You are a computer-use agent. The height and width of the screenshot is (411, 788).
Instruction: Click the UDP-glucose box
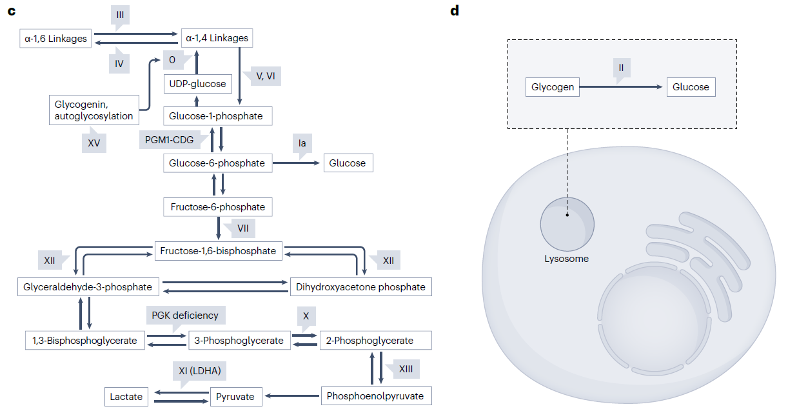click(197, 84)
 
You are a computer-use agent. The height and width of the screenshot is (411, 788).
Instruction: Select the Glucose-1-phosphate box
click(216, 116)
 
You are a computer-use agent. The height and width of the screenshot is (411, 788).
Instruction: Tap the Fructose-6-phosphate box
click(218, 207)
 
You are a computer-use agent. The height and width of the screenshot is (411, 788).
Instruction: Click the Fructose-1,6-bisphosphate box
click(219, 250)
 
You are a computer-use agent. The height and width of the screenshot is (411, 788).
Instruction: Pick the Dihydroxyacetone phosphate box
click(360, 287)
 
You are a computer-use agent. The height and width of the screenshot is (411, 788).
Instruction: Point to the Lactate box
click(126, 396)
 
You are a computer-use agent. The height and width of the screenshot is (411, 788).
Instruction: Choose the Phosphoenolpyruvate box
click(375, 396)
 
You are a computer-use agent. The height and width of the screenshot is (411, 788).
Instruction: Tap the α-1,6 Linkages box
click(56, 39)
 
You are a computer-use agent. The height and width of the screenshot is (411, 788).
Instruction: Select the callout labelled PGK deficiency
click(185, 316)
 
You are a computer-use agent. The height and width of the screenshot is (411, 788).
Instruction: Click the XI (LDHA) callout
click(199, 371)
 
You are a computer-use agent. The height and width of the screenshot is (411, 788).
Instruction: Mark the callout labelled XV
click(94, 143)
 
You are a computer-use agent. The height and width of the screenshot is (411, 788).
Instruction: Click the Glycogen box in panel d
click(553, 87)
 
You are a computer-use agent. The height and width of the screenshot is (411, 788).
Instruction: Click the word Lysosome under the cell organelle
click(567, 259)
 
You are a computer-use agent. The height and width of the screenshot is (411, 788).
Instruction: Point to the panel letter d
click(454, 11)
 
